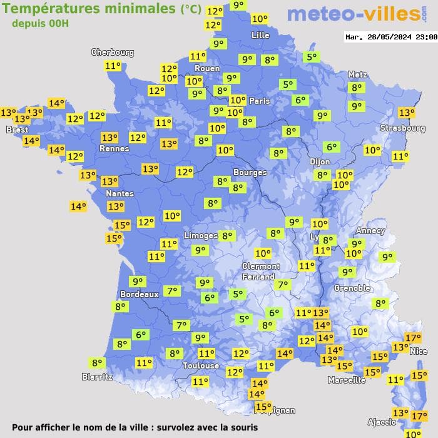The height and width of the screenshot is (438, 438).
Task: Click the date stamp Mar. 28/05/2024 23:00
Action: [391, 37]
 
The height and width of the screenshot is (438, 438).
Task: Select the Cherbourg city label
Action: [113, 53]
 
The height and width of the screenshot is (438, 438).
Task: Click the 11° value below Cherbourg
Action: [113, 66]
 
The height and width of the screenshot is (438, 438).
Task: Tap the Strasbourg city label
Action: [402, 128]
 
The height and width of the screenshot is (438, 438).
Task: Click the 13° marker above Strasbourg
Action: [407, 113]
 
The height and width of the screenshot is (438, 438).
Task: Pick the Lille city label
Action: [260, 36]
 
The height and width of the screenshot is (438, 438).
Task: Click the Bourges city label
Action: [250, 172]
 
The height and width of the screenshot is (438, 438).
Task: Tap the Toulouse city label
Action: [201, 365]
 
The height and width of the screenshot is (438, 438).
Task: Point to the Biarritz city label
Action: [97, 377]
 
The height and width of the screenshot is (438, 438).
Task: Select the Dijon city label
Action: [319, 161]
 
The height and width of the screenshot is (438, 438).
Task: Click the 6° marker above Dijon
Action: [331, 147]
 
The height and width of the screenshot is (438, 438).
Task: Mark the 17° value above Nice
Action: [413, 338]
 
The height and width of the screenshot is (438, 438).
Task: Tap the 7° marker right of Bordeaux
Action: [172, 291]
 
